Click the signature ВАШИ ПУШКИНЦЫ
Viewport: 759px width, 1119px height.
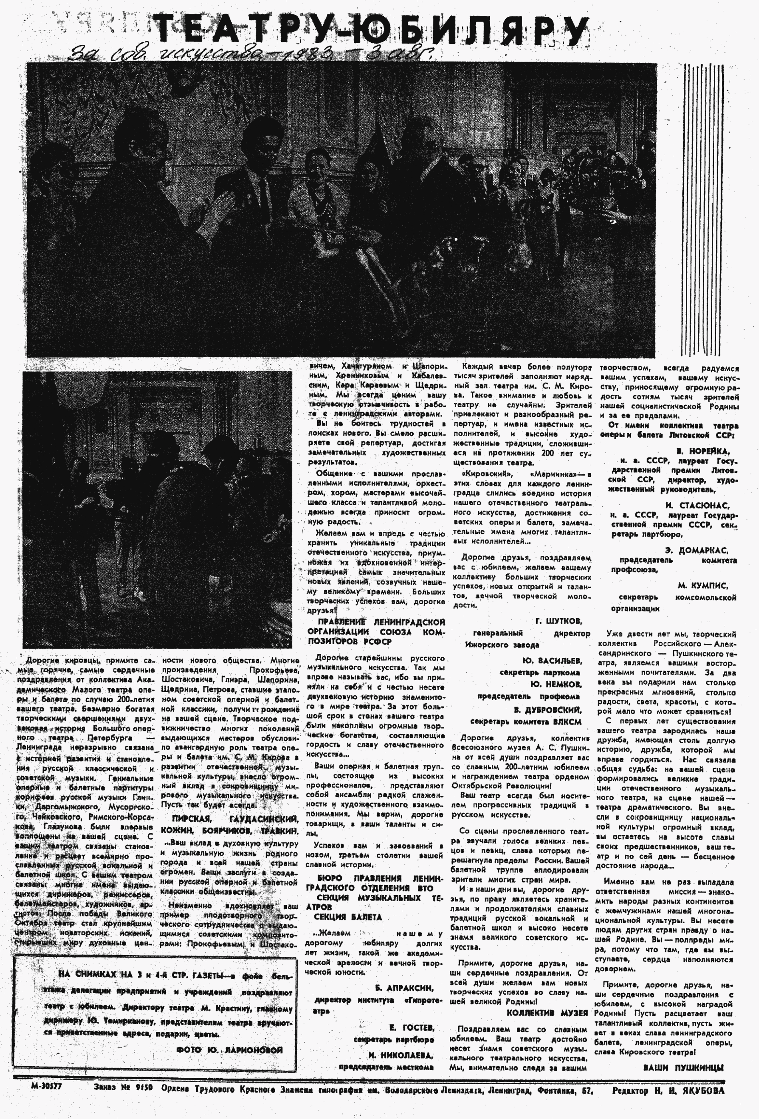(x=683, y=1067)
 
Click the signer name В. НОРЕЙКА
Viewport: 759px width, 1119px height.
(x=702, y=451)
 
